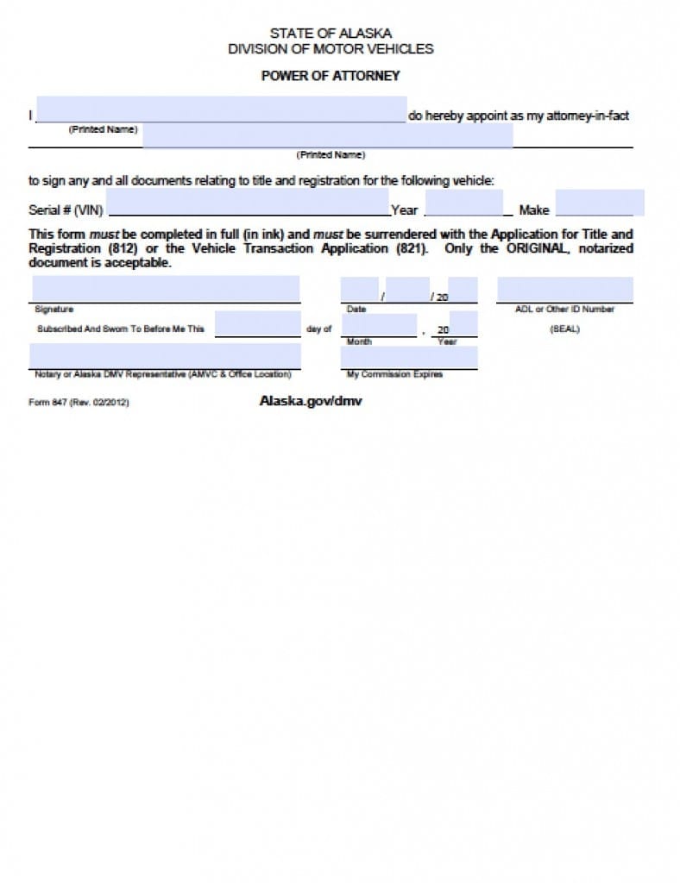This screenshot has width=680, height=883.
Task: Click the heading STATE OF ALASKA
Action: click(331, 34)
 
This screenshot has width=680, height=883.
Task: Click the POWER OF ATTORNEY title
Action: click(331, 76)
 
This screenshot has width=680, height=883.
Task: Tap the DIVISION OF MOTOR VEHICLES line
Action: click(331, 49)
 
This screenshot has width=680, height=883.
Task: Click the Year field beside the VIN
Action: click(464, 204)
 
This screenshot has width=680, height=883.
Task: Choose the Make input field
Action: click(599, 204)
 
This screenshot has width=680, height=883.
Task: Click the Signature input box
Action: click(166, 289)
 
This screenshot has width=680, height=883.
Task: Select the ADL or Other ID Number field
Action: click(564, 289)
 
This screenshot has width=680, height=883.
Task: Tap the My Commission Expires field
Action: click(409, 357)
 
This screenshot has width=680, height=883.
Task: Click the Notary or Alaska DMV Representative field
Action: click(166, 355)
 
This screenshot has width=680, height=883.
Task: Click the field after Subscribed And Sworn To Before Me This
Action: click(257, 323)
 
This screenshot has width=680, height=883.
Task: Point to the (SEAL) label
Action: click(564, 329)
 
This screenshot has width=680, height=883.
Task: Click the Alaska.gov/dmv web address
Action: click(311, 401)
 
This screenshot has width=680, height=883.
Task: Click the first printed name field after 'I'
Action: click(222, 110)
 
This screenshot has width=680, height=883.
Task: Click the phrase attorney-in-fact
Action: click(590, 116)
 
